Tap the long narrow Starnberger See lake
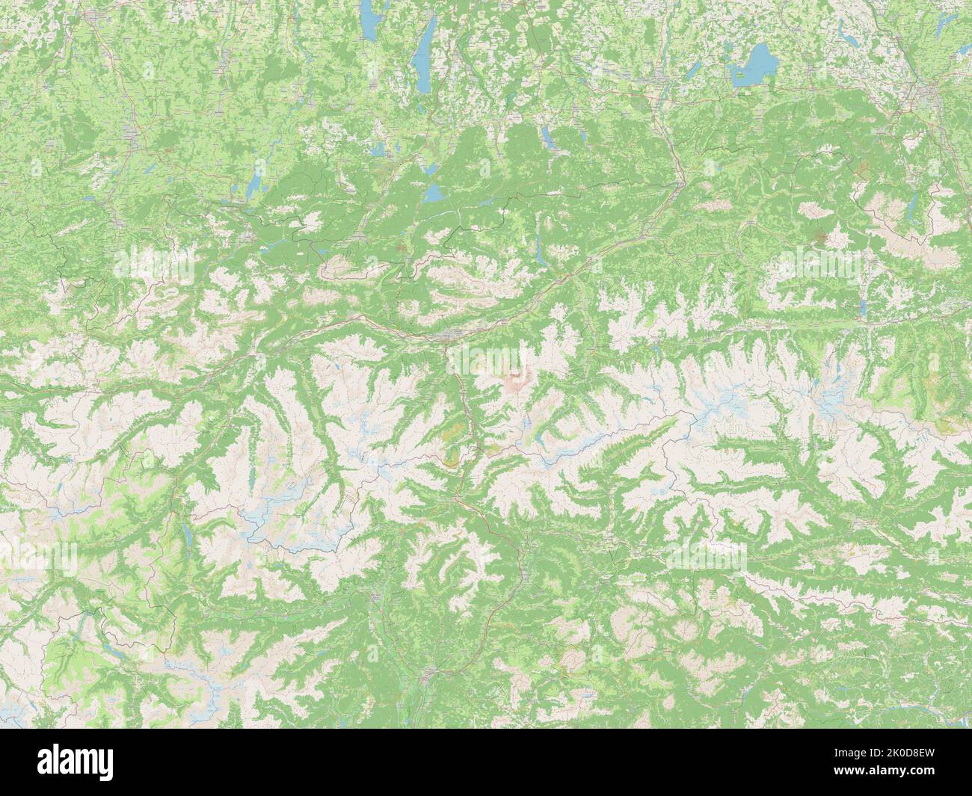pyautogui.click(x=424, y=49)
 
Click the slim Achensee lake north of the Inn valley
pyautogui.click(x=539, y=252)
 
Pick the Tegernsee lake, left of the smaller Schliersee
pyautogui.click(x=549, y=137)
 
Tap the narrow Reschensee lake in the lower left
pyautogui.click(x=184, y=533)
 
